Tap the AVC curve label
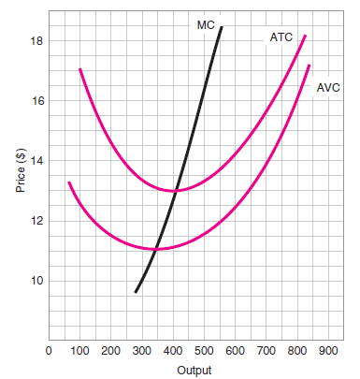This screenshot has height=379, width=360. pos(328,87)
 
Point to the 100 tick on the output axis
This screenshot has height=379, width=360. pos(79,351)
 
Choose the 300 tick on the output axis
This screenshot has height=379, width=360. pos(142,351)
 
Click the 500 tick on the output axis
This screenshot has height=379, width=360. pos(204,351)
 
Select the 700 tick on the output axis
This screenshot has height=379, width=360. pos(266,351)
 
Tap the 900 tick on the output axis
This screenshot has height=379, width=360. pos(328,351)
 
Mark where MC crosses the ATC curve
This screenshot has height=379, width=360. pos(175,190)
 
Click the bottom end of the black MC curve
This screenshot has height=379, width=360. pos(136,292)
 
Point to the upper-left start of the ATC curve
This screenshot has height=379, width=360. pos(79,69)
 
